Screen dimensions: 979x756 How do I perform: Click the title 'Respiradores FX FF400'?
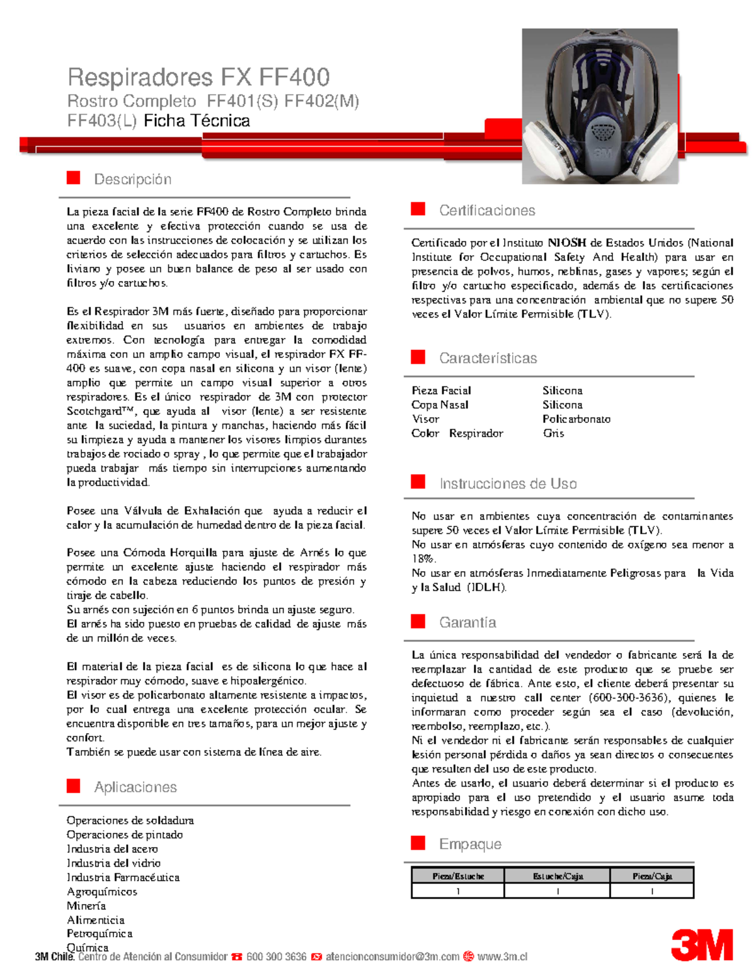pyautogui.click(x=198, y=78)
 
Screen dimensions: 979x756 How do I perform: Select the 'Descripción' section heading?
pyautogui.click(x=132, y=180)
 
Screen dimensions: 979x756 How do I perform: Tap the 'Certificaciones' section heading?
pyautogui.click(x=487, y=211)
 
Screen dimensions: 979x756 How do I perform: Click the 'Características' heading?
pyautogui.click(x=488, y=358)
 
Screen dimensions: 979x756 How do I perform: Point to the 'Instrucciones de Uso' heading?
pyautogui.click(x=508, y=484)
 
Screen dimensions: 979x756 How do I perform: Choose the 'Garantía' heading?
pyautogui.click(x=467, y=622)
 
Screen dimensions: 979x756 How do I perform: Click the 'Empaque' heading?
pyautogui.click(x=470, y=844)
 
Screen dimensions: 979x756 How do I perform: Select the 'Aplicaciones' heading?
pyautogui.click(x=135, y=787)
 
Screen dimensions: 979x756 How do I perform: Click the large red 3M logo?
pyautogui.click(x=701, y=944)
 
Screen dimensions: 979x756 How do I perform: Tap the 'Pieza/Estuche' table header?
pyautogui.click(x=458, y=876)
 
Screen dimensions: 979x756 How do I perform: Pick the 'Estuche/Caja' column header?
pyautogui.click(x=558, y=876)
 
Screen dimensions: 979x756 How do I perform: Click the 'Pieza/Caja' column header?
pyautogui.click(x=652, y=876)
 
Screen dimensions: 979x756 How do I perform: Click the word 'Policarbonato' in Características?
pyautogui.click(x=576, y=419)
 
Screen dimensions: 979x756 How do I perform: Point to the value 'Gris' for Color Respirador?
pyautogui.click(x=554, y=433)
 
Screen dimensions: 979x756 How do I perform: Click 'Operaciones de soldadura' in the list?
pyautogui.click(x=130, y=820)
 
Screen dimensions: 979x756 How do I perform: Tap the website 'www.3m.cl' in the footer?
pyautogui.click(x=502, y=956)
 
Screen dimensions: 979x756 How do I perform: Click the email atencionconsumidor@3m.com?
pyautogui.click(x=392, y=956)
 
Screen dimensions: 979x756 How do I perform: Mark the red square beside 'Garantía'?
pyautogui.click(x=418, y=622)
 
